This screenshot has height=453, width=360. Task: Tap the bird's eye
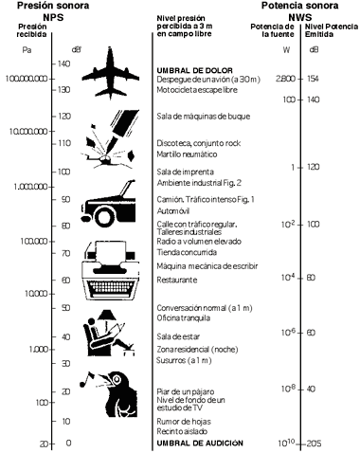[117, 379]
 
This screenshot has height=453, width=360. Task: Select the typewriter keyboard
[110, 288]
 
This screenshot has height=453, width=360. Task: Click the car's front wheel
[104, 216]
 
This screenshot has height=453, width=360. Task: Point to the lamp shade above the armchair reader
[106, 315]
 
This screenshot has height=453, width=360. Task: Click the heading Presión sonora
[53, 6]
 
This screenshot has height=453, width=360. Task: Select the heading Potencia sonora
[299, 6]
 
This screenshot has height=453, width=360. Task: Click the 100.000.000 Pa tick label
[27, 79]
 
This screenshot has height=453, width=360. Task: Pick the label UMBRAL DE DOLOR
[195, 70]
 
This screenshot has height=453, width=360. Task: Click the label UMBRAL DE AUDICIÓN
[200, 443]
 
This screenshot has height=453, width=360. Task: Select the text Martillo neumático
[187, 154]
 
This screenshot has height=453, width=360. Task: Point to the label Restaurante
[177, 280]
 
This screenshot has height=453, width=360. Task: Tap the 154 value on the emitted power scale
[313, 79]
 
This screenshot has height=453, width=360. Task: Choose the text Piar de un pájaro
[186, 391]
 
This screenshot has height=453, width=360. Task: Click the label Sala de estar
[178, 336]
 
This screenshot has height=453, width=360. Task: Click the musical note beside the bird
[87, 379]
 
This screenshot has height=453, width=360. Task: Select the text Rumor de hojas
[184, 422]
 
